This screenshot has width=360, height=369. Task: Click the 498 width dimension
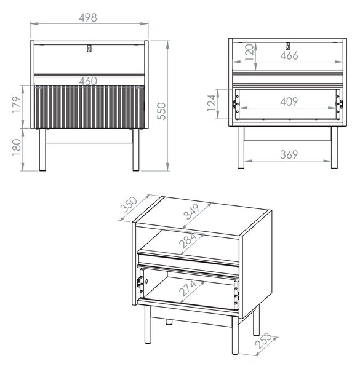tap(88, 17)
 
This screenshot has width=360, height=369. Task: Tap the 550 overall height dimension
tap(161, 111)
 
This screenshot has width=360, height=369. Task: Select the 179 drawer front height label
tap(17, 105)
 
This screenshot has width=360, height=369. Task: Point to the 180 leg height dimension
tap(17, 147)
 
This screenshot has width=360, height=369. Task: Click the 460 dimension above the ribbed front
tap(88, 81)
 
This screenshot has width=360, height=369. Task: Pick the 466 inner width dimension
tap(289, 55)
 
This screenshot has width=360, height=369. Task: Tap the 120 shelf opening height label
tap(249, 52)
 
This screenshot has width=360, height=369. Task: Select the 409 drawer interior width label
tap(289, 101)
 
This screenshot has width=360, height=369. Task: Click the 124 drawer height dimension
tap(212, 103)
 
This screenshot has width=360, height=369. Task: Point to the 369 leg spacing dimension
tap(289, 154)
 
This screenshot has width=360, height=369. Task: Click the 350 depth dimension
tap(129, 204)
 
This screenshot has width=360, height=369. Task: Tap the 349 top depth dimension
tap(191, 212)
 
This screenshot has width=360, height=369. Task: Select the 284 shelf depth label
tap(188, 240)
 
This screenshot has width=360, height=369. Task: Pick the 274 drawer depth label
tap(188, 288)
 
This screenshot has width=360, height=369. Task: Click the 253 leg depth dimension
tap(264, 341)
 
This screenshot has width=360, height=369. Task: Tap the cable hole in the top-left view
tap(89, 48)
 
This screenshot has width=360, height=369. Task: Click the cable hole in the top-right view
tap(287, 46)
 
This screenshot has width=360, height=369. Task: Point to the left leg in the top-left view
tap(42, 149)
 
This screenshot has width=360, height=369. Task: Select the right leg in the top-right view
tap(334, 148)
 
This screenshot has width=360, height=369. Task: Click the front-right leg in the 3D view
tap(235, 335)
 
